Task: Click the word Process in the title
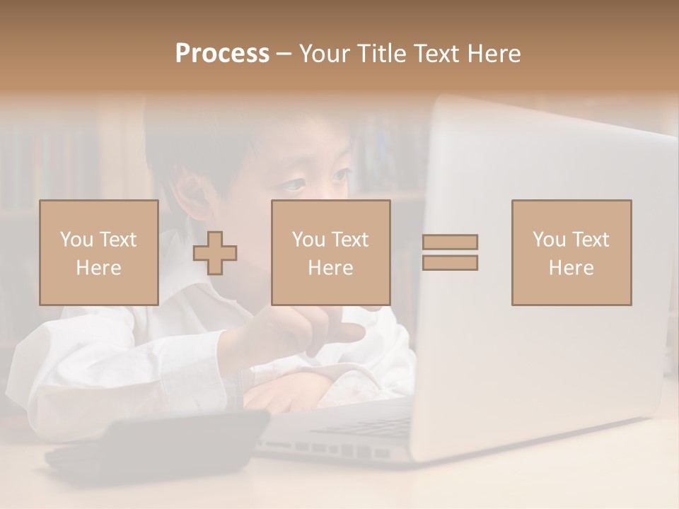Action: pos(222,54)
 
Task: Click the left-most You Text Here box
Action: pos(98,252)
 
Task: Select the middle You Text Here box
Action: pos(330,252)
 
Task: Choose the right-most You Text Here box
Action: pos(571,252)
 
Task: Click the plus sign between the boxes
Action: pos(215,252)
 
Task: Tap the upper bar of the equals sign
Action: pos(450,242)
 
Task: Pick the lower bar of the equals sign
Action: pos(450,262)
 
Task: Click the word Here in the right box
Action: pos(571,268)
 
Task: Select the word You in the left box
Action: pos(76,239)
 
